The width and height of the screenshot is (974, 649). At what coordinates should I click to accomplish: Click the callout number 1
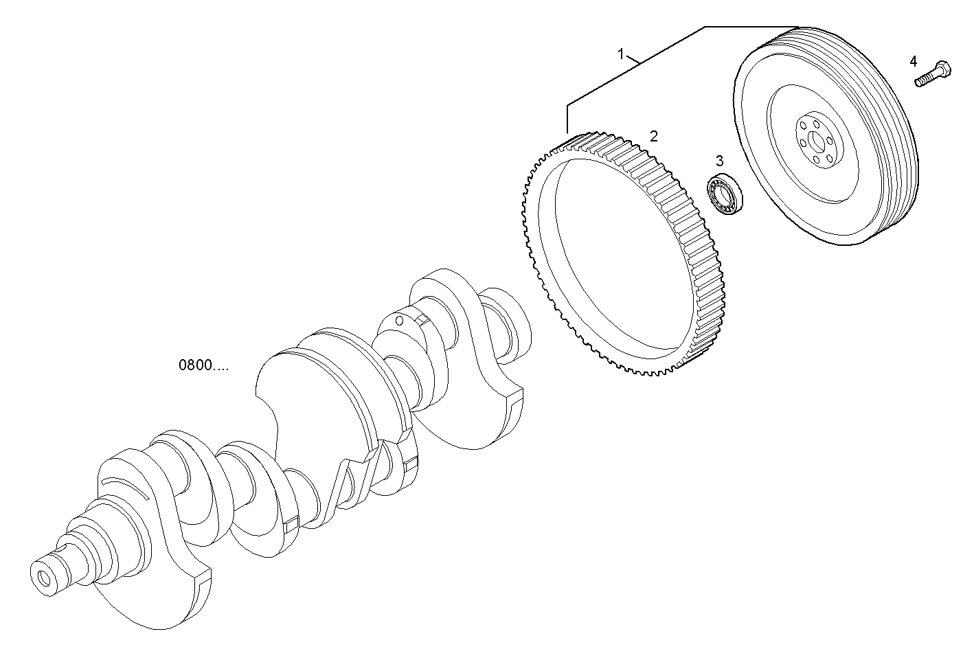pyautogui.click(x=621, y=54)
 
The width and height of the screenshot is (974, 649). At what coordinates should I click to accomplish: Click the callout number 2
pyautogui.click(x=654, y=136)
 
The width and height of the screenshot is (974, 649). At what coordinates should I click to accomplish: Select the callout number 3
pyautogui.click(x=719, y=161)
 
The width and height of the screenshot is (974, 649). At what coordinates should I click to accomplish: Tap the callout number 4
pyautogui.click(x=914, y=61)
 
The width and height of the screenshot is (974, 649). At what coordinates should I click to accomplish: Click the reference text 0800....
pyautogui.click(x=204, y=365)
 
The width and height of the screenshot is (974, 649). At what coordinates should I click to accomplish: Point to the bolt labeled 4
pyautogui.click(x=931, y=76)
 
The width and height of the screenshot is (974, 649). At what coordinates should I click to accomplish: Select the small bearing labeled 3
pyautogui.click(x=725, y=194)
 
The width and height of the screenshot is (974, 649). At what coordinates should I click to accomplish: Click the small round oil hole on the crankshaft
pyautogui.click(x=399, y=321)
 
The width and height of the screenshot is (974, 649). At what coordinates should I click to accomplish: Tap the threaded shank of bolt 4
pyautogui.click(x=923, y=80)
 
